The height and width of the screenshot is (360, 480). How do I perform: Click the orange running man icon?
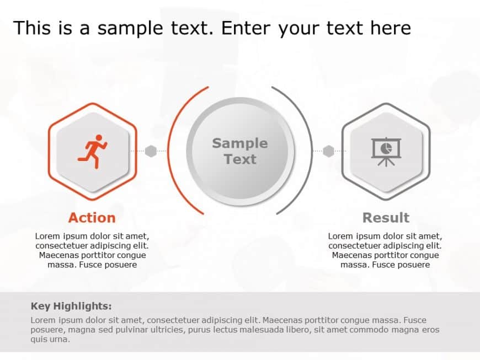click(93, 152)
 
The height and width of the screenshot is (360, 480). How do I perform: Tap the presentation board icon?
click(386, 152)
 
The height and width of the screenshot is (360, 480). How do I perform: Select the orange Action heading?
click(92, 218)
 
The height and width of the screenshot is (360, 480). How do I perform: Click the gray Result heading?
click(386, 218)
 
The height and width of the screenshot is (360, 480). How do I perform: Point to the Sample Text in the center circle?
click(240, 151)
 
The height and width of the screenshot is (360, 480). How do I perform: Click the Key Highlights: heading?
click(71, 306)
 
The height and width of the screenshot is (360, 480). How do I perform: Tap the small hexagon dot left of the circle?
click(151, 151)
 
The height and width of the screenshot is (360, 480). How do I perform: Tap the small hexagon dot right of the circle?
click(328, 151)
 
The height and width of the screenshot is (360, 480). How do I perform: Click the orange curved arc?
click(169, 151)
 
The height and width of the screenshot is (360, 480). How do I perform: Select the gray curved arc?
click(311, 151)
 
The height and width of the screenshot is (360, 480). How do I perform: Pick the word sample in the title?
click(130, 29)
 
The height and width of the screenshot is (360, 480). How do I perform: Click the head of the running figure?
click(99, 138)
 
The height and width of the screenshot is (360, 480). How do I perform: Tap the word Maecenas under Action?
click(59, 255)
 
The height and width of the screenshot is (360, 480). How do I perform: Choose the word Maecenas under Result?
click(352, 255)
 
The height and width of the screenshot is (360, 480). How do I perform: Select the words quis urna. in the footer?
click(50, 339)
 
